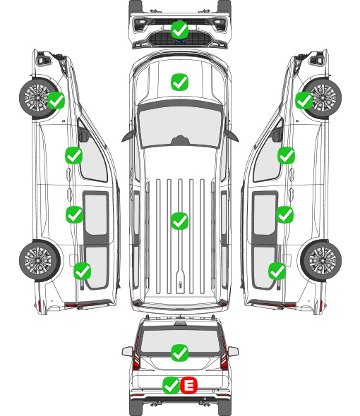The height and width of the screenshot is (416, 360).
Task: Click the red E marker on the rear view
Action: [189, 385]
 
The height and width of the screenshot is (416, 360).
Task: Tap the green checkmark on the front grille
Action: [179, 30]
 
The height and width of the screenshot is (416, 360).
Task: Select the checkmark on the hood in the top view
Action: [179, 82]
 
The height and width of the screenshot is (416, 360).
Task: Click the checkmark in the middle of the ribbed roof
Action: [179, 221]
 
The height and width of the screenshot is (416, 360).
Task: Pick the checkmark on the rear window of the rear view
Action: [179, 353]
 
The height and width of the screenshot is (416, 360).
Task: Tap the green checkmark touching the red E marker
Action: [171, 385]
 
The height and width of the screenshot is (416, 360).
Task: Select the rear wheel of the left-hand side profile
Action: [40, 260]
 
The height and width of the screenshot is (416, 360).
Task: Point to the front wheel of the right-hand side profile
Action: [322, 98]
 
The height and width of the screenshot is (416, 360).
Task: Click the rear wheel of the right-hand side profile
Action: [321, 260]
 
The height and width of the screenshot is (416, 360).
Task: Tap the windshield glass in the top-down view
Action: [180, 126]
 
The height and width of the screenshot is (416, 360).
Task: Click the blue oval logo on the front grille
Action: [179, 41]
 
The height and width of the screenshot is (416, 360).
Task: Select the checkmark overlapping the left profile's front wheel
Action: [56, 100]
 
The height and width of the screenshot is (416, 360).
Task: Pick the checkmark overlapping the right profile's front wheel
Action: [304, 100]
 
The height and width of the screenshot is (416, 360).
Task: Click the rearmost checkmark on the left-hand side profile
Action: [83, 271]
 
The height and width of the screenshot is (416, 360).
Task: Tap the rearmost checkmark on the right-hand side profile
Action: [277, 271]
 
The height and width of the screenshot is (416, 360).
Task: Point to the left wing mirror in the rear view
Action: [127, 351]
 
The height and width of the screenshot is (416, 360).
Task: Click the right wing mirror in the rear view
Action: [233, 351]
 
